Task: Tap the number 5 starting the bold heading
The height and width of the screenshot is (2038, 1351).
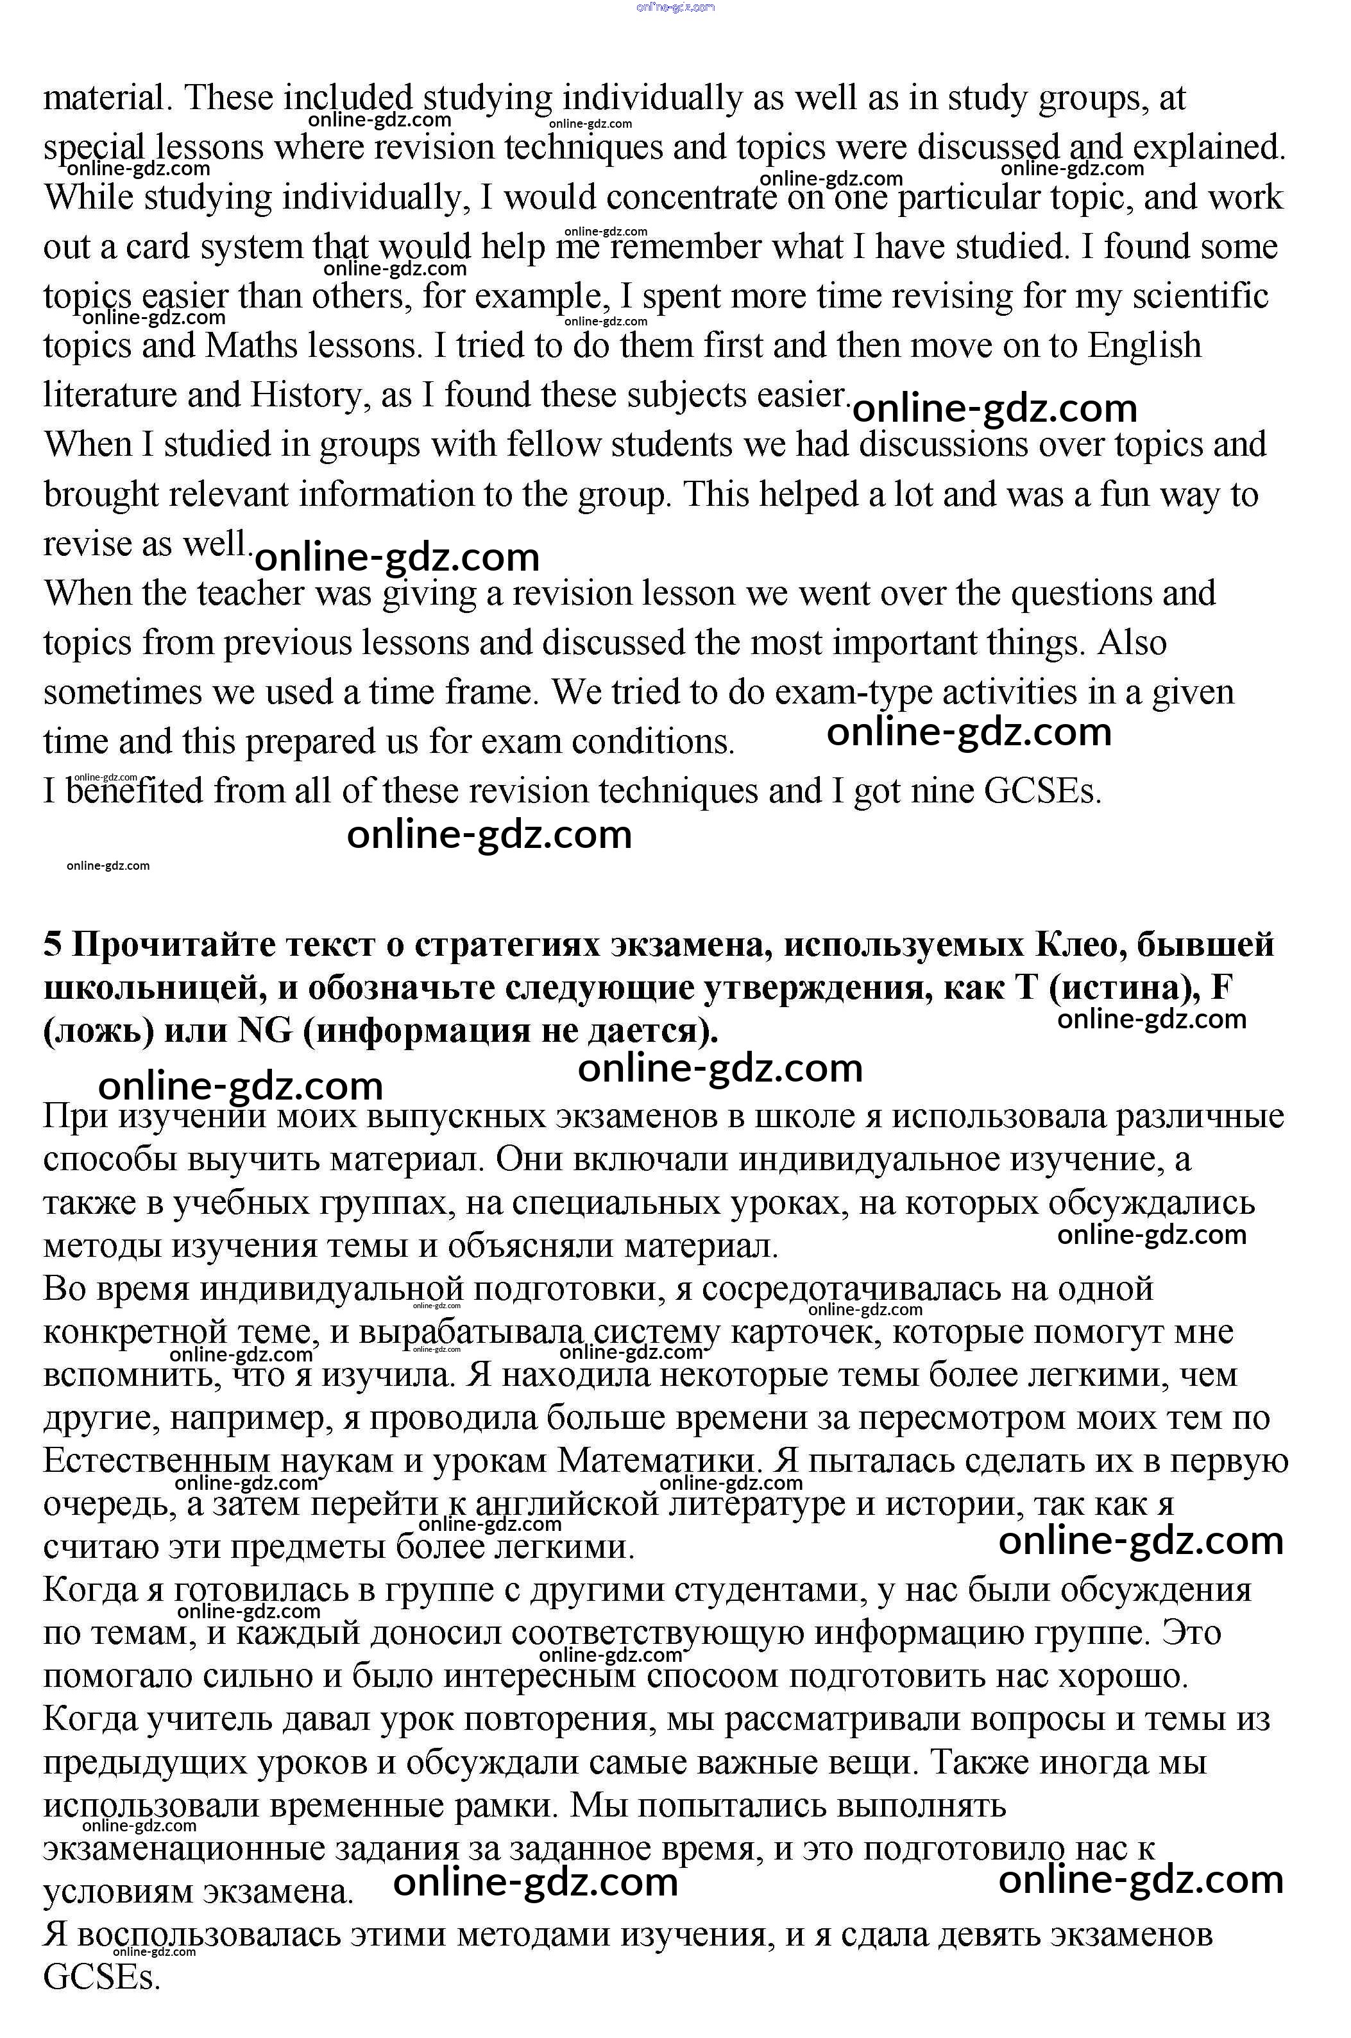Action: (53, 946)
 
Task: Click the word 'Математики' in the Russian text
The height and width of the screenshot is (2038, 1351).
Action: (661, 1460)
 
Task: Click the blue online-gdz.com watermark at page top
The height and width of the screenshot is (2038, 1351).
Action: (675, 8)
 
